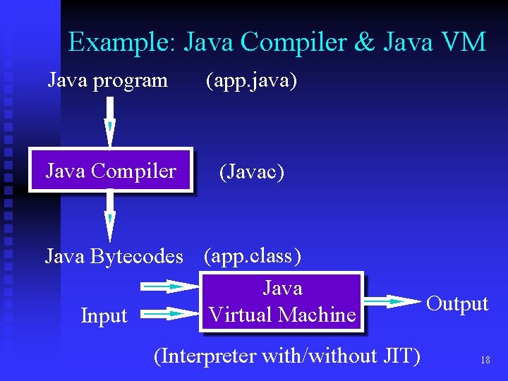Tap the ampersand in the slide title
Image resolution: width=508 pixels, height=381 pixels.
365,42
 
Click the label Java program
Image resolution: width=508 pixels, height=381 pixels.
107,80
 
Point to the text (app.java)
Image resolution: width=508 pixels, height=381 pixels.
251,81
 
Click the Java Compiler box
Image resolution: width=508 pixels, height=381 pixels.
111,170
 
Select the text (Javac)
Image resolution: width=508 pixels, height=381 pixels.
252,171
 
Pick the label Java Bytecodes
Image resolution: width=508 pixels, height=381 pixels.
114,256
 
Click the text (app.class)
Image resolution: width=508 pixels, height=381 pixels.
253,255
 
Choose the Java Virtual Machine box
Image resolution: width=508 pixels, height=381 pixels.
282,301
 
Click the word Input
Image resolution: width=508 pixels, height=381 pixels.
104,316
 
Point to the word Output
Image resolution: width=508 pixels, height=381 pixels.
458,304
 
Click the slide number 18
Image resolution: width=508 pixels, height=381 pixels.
485,360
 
